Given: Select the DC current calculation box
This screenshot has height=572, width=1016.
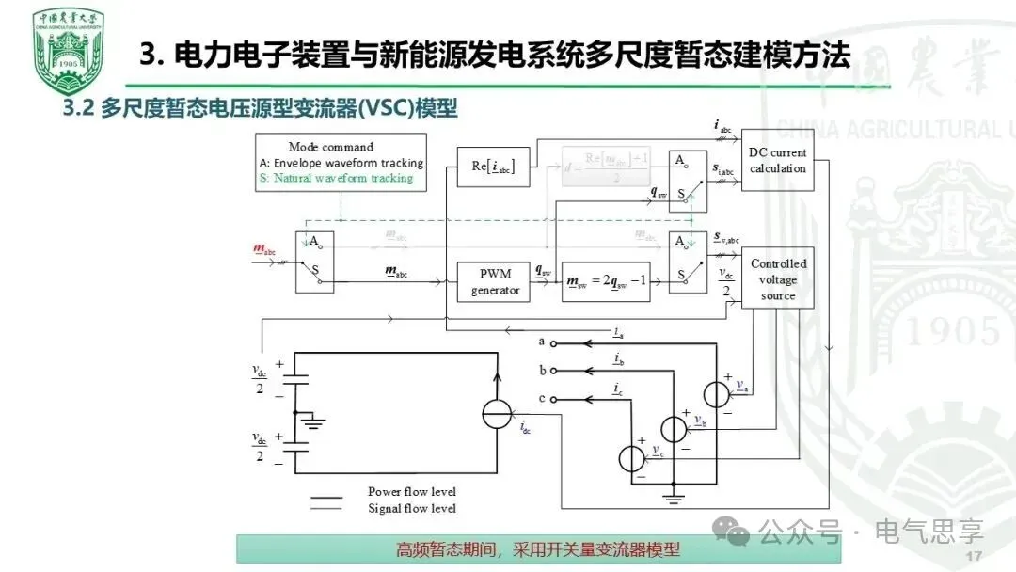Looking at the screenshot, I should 777,161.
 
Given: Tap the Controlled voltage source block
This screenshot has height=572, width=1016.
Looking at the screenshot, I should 777,279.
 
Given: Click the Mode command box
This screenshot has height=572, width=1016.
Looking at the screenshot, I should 341,163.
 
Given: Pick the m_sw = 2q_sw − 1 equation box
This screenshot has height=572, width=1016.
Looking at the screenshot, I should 604,281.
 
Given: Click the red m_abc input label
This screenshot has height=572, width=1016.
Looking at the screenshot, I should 264,248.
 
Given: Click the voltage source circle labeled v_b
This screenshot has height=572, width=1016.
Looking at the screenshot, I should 674,428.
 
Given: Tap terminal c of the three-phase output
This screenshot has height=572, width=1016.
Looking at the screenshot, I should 553,399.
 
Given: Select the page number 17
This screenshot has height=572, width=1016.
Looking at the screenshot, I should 974,556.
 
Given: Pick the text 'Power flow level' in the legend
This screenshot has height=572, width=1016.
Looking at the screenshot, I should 411,491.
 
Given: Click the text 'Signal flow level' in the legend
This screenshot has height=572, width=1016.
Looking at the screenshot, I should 411,508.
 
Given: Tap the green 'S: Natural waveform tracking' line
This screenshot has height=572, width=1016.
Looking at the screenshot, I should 336,178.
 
